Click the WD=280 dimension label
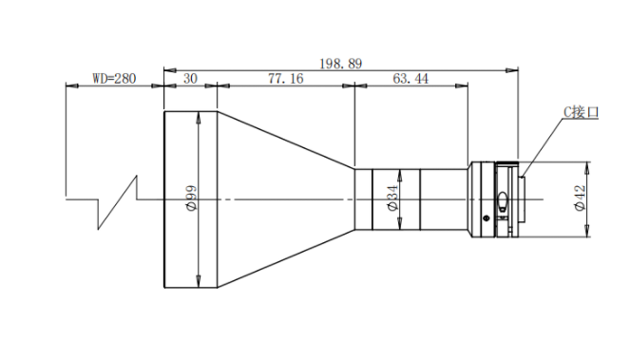tap(115, 78)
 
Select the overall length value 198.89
tap(341, 64)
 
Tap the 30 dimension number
tap(190, 78)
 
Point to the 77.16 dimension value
tap(286, 78)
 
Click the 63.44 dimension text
tap(410, 78)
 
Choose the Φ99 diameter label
tap(191, 198)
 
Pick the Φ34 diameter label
tap(392, 198)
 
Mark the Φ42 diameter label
tap(580, 198)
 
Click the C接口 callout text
tap(581, 112)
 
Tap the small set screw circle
tap(487, 218)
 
